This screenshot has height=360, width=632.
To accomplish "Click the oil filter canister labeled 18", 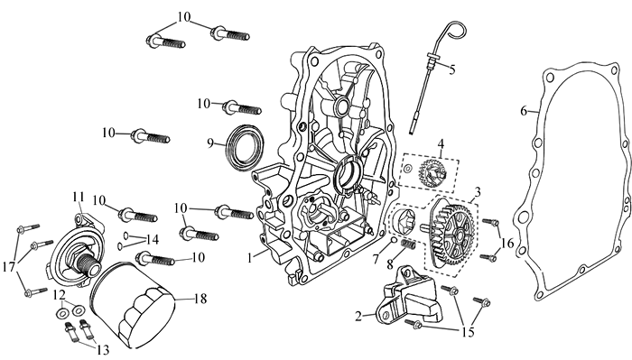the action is pyautogui.click(x=132, y=305).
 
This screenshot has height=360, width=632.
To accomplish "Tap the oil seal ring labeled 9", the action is pyautogui.click(x=245, y=146).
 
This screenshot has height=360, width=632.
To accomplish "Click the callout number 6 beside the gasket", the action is pyautogui.click(x=523, y=110).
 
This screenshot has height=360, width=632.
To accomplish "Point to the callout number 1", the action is pyautogui.click(x=250, y=257).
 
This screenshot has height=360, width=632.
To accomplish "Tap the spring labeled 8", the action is pyautogui.click(x=408, y=244).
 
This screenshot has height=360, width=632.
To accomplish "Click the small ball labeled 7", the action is pyautogui.click(x=393, y=241).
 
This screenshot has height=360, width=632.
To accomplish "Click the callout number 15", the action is pyautogui.click(x=469, y=332).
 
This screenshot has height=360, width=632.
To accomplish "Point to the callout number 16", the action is pyautogui.click(x=507, y=244).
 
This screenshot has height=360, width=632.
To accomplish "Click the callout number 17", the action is pyautogui.click(x=8, y=266).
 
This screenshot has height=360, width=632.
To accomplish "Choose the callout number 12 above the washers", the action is pyautogui.click(x=60, y=295).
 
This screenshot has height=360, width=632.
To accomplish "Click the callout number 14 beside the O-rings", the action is pyautogui.click(x=152, y=240).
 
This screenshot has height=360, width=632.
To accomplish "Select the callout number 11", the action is pyautogui.click(x=79, y=197).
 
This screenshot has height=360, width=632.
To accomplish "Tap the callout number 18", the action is pyautogui.click(x=200, y=299).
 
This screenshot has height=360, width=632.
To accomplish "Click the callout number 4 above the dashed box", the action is pyautogui.click(x=441, y=143).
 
